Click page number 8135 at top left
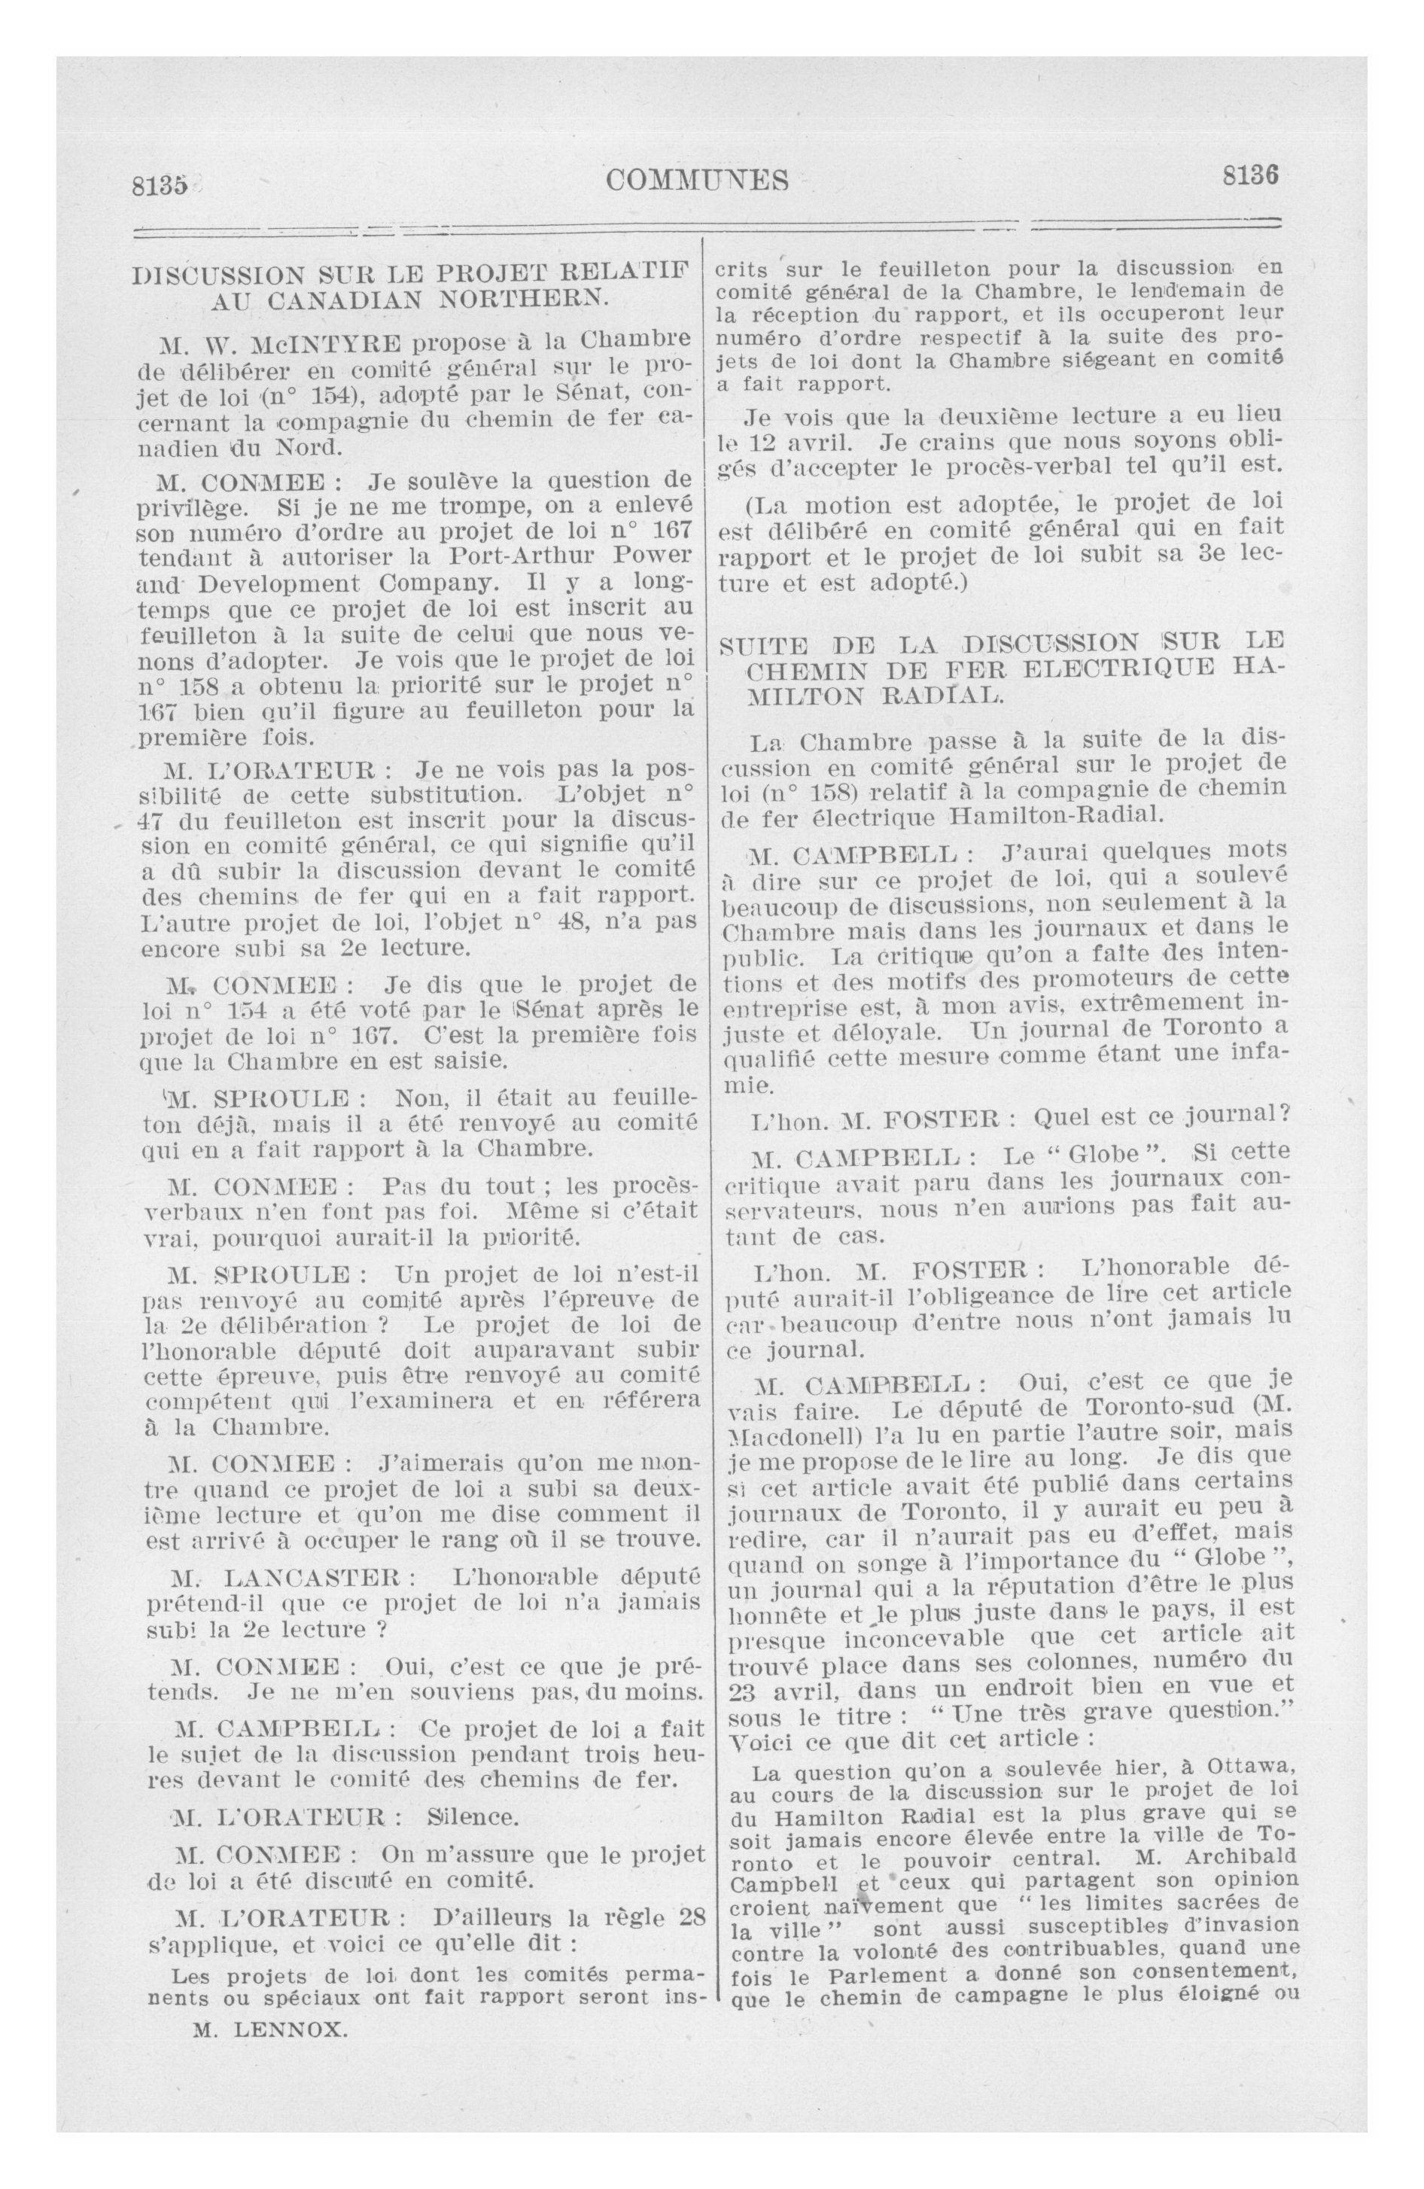coord(159,185)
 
